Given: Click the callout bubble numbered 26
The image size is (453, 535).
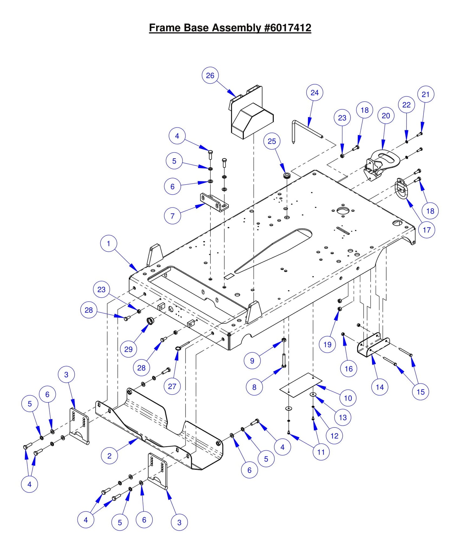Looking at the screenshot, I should (x=210, y=76).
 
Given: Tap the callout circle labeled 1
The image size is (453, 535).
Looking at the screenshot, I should (x=108, y=244).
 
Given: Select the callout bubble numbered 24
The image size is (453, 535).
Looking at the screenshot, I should (x=314, y=93).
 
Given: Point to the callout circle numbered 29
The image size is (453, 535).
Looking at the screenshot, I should (x=129, y=349).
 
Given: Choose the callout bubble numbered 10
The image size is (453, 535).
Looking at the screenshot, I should (x=348, y=398).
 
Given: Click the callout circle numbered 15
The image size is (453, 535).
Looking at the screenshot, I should (x=420, y=392).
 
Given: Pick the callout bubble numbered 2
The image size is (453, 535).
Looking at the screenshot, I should (x=109, y=456).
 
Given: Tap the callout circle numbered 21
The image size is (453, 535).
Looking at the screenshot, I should (x=425, y=94).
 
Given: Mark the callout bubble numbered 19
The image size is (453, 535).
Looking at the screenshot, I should (x=327, y=344).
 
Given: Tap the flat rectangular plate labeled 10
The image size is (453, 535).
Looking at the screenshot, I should (x=300, y=385).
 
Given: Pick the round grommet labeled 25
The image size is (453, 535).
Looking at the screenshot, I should (x=286, y=175).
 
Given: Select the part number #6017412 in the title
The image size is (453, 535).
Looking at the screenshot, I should (x=288, y=28).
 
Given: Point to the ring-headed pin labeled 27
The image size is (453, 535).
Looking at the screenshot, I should (x=182, y=346).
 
